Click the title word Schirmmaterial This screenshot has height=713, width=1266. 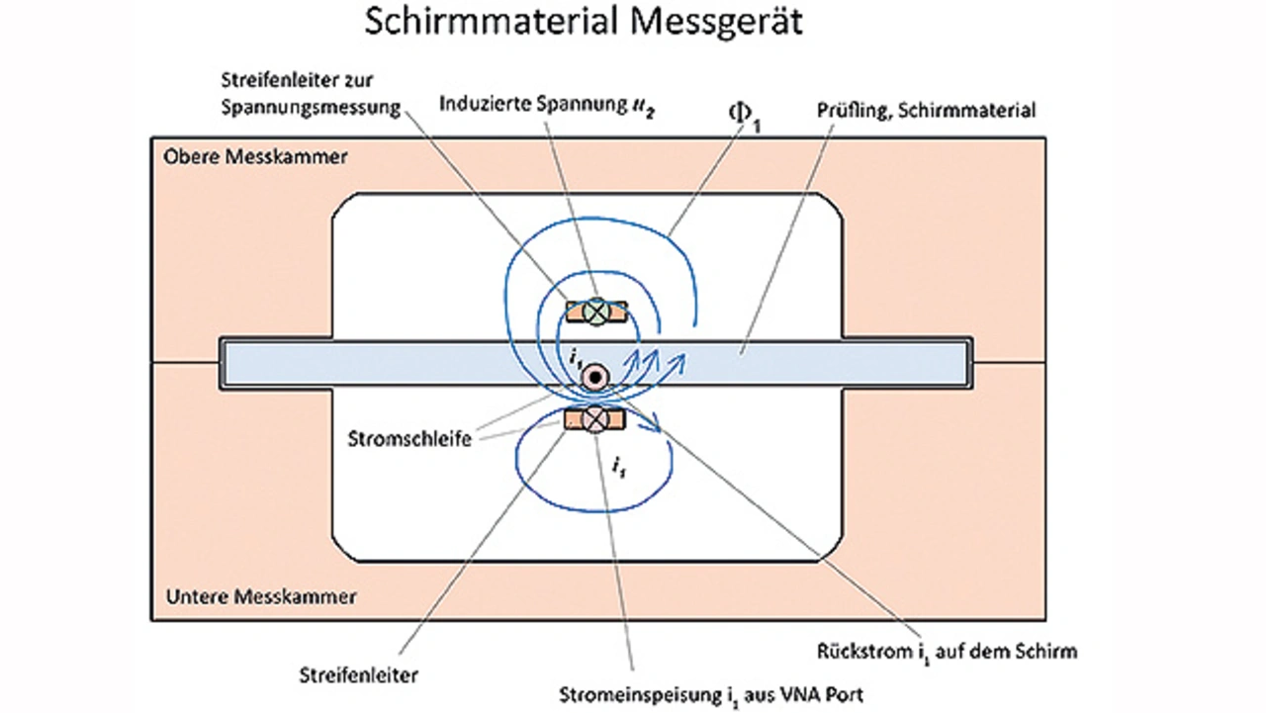tap(491, 22)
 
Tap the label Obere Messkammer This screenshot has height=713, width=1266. tap(255, 156)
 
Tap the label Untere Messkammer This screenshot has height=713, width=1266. tap(261, 596)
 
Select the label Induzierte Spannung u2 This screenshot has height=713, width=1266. tap(547, 105)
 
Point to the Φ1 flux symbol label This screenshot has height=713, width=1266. tap(745, 118)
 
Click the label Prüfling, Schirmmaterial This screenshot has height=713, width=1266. tap(926, 111)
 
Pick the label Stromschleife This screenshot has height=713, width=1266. tap(409, 439)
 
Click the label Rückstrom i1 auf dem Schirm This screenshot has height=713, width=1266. tap(947, 652)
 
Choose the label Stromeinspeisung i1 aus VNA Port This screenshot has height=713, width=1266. tap(711, 695)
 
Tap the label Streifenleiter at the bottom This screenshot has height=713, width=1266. tap(359, 675)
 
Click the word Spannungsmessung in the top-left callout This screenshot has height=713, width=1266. tap(311, 108)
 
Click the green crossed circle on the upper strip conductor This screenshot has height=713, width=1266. tap(596, 312)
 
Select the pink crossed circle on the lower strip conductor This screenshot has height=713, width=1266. tap(595, 419)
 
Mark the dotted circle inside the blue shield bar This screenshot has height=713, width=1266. tap(595, 377)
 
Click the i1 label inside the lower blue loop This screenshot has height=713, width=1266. tap(619, 468)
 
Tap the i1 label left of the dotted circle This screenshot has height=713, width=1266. tap(576, 360)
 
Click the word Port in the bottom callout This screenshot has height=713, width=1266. tap(842, 694)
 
